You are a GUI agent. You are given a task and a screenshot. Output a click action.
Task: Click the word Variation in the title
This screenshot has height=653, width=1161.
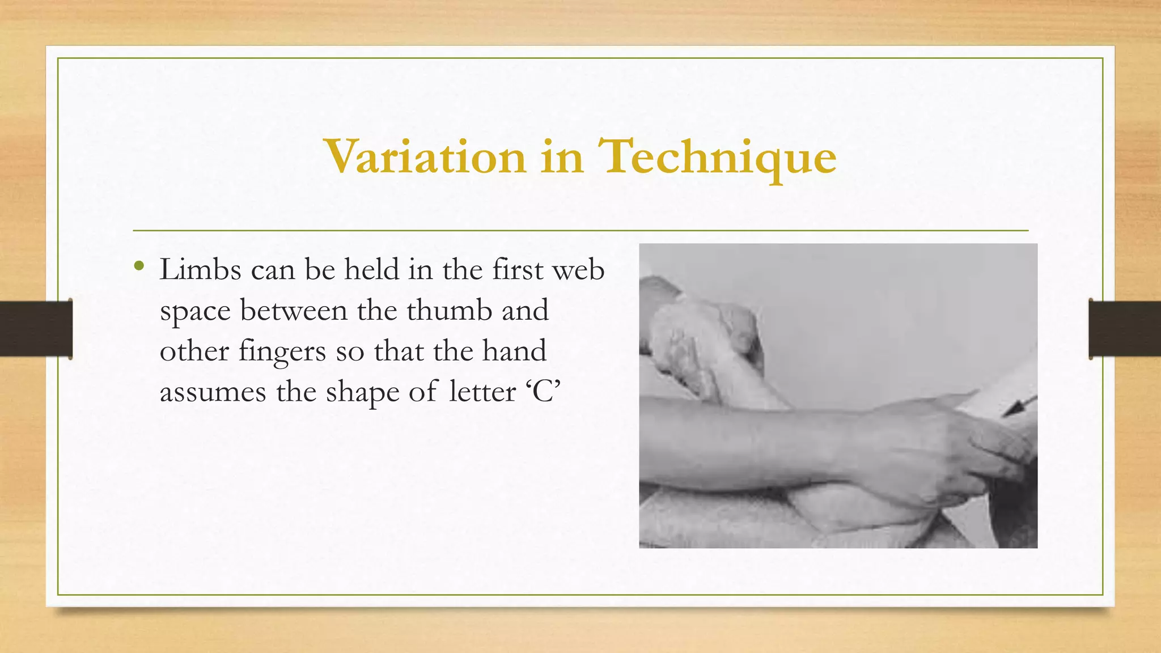[x=425, y=157]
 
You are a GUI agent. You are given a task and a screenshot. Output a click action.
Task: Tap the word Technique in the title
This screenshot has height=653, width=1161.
[x=717, y=157]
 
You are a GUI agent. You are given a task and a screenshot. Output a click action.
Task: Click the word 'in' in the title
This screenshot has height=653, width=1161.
[x=561, y=157]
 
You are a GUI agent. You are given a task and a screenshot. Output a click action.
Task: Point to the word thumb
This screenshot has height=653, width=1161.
[x=449, y=311]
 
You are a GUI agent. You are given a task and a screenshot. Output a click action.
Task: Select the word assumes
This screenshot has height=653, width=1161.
[x=213, y=392]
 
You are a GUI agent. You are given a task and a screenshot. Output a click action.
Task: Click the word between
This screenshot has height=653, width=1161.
[x=294, y=311]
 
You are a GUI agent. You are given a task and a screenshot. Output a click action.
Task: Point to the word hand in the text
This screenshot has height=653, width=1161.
[x=514, y=351]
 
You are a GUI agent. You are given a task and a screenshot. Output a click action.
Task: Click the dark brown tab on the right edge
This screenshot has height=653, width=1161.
[x=1125, y=329]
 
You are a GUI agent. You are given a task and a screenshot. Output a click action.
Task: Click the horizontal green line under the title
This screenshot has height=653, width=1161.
[x=580, y=231]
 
